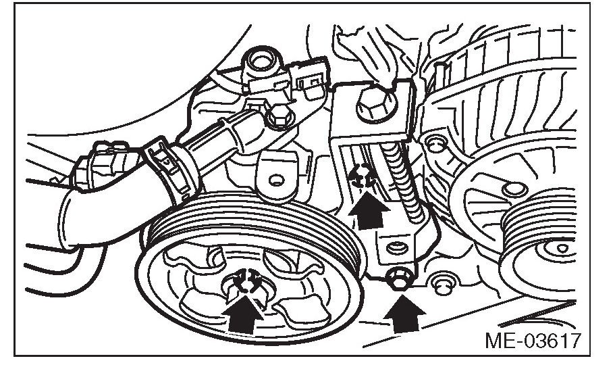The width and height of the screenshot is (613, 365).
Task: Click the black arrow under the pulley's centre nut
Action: click(x=246, y=312)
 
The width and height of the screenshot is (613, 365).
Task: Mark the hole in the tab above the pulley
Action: click(x=273, y=180)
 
